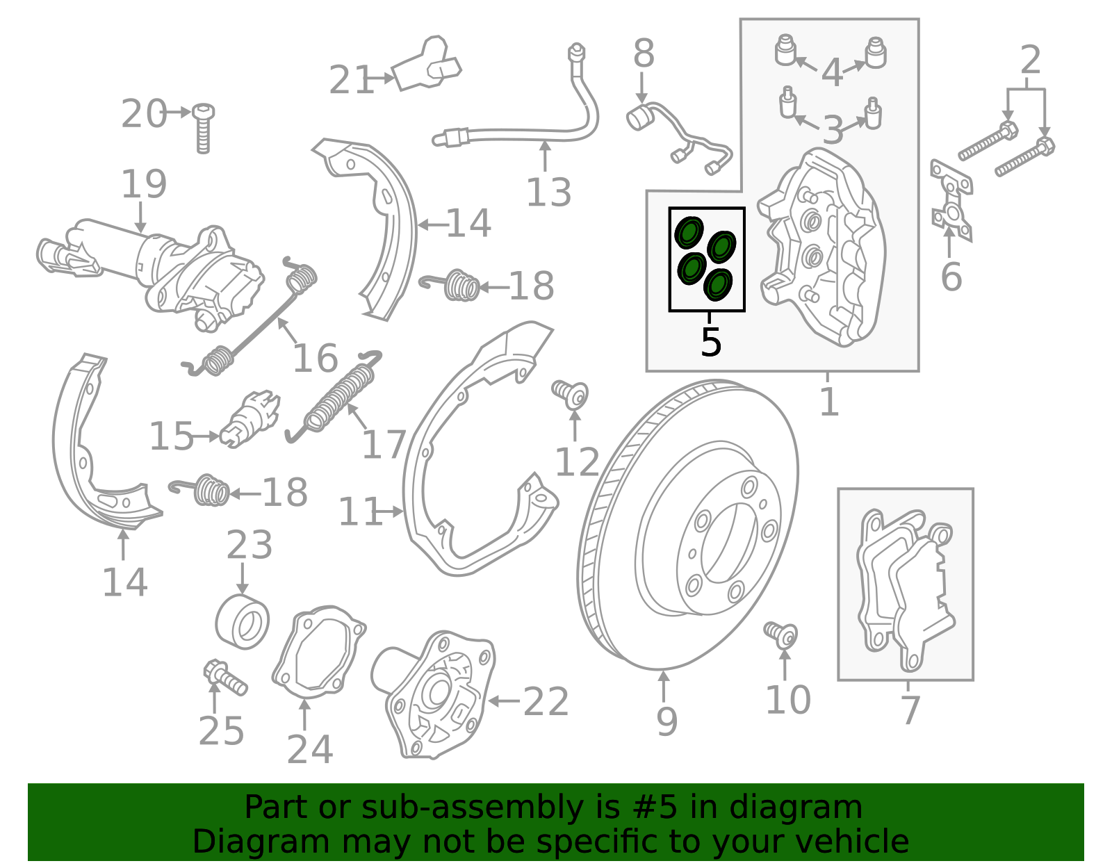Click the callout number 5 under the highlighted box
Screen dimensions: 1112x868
(x=711, y=342)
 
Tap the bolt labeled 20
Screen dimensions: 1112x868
(x=203, y=128)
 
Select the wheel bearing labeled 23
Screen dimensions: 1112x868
(x=242, y=621)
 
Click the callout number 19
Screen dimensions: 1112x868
(x=144, y=183)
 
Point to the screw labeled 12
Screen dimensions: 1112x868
(x=570, y=394)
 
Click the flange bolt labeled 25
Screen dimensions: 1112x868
(x=225, y=678)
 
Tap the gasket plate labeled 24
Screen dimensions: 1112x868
(x=319, y=652)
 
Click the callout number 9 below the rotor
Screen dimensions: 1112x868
(x=667, y=722)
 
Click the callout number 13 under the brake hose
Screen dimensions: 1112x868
(x=548, y=193)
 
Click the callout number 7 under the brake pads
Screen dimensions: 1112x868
(x=910, y=710)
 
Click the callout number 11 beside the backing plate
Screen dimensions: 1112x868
(x=360, y=511)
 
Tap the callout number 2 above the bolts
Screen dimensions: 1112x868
(x=1030, y=60)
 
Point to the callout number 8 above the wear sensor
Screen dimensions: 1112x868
(x=644, y=54)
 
